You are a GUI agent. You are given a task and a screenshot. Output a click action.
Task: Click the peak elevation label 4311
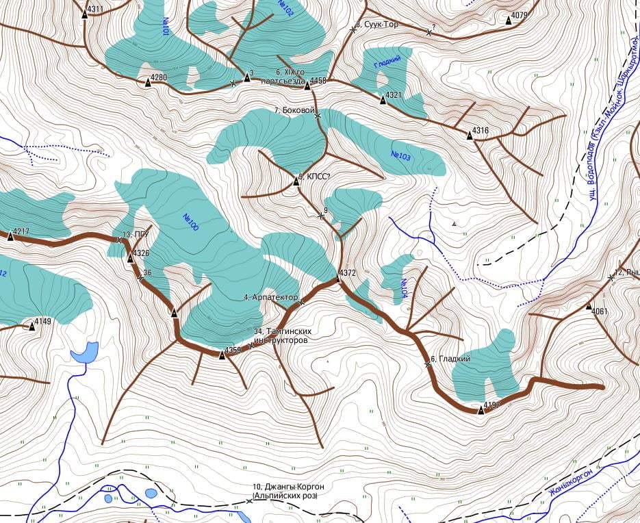[x=96, y=10]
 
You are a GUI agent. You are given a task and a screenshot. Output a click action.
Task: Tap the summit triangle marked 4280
[x=148, y=83]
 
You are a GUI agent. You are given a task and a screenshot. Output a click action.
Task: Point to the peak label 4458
[x=318, y=81]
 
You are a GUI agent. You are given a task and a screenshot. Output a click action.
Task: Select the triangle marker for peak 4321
[x=383, y=100]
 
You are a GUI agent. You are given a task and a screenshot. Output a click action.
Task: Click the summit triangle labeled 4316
[x=470, y=136]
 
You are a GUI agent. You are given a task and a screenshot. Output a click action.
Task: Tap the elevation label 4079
[x=520, y=15]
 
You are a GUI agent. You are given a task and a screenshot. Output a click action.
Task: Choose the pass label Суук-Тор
[x=381, y=25]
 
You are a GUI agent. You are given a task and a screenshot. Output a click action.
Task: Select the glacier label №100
[x=190, y=222]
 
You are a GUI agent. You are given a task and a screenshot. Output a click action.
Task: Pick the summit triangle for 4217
[x=10, y=236]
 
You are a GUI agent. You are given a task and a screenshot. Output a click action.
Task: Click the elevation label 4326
[x=141, y=253]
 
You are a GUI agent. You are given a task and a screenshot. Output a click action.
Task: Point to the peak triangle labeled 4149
[x=31, y=327]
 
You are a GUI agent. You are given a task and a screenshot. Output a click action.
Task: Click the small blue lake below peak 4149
[x=84, y=352]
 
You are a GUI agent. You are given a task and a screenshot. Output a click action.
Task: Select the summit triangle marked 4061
[x=589, y=307]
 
